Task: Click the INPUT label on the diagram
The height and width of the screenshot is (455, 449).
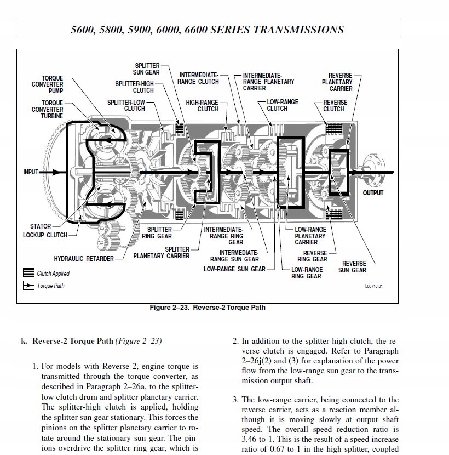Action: (31, 172)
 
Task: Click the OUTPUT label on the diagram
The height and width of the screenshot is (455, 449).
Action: (373, 193)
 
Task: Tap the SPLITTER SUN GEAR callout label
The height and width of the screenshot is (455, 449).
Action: (147, 69)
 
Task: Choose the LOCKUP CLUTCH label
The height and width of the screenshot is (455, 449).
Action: (45, 235)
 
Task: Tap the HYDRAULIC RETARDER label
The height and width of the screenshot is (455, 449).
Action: (84, 259)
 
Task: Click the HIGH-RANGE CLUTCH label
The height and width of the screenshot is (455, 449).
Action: (202, 105)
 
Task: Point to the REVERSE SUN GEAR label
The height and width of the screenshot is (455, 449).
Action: (352, 266)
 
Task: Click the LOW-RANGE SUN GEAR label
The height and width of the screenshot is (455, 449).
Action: (234, 269)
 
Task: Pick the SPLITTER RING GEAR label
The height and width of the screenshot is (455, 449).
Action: (157, 233)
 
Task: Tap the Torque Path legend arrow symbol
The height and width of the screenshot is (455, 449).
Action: (28, 286)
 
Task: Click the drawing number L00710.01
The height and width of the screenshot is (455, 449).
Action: (374, 286)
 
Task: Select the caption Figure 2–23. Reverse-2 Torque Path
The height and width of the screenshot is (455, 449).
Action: (208, 308)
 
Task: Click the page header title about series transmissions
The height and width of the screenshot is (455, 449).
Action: (208, 30)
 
